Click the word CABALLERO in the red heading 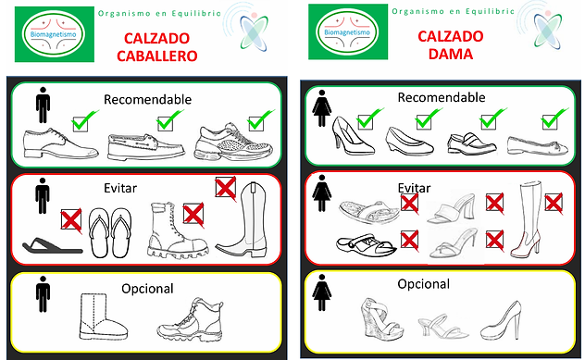157,56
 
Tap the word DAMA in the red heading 451,54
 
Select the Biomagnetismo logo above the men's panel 55,34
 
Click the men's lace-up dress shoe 60,143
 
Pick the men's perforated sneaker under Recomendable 233,143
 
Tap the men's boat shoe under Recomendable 146,146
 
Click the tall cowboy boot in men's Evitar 243,220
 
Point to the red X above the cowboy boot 226,188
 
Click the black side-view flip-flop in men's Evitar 52,246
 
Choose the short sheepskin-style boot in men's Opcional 104,317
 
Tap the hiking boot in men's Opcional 191,319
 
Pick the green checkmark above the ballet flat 554,118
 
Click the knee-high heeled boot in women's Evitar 528,220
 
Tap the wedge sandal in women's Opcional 381,317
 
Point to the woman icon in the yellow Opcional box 321,292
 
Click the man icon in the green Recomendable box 43,106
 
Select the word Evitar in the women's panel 414,188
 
